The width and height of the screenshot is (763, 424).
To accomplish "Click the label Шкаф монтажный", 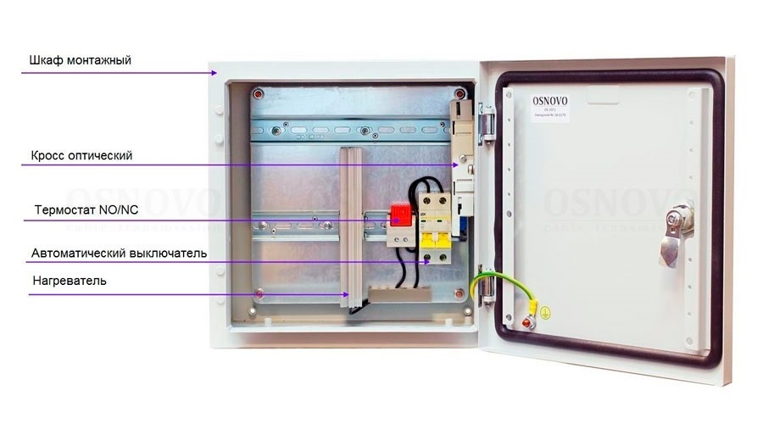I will click(x=80, y=61).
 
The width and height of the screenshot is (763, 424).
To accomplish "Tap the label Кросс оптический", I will click(x=81, y=156).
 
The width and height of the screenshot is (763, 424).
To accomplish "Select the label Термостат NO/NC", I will click(x=86, y=209).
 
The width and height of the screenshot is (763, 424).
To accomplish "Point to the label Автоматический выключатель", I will click(x=119, y=253).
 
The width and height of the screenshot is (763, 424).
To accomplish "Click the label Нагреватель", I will click(x=69, y=280).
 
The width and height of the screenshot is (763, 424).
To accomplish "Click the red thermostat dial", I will click(x=398, y=215).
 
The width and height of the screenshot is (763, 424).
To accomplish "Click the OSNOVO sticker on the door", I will click(x=551, y=108).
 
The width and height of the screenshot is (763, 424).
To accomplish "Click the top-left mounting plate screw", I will click(x=261, y=92).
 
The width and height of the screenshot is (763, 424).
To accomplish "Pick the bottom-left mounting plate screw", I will click(x=259, y=294).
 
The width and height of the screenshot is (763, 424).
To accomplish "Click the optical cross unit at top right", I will click(x=463, y=148).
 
